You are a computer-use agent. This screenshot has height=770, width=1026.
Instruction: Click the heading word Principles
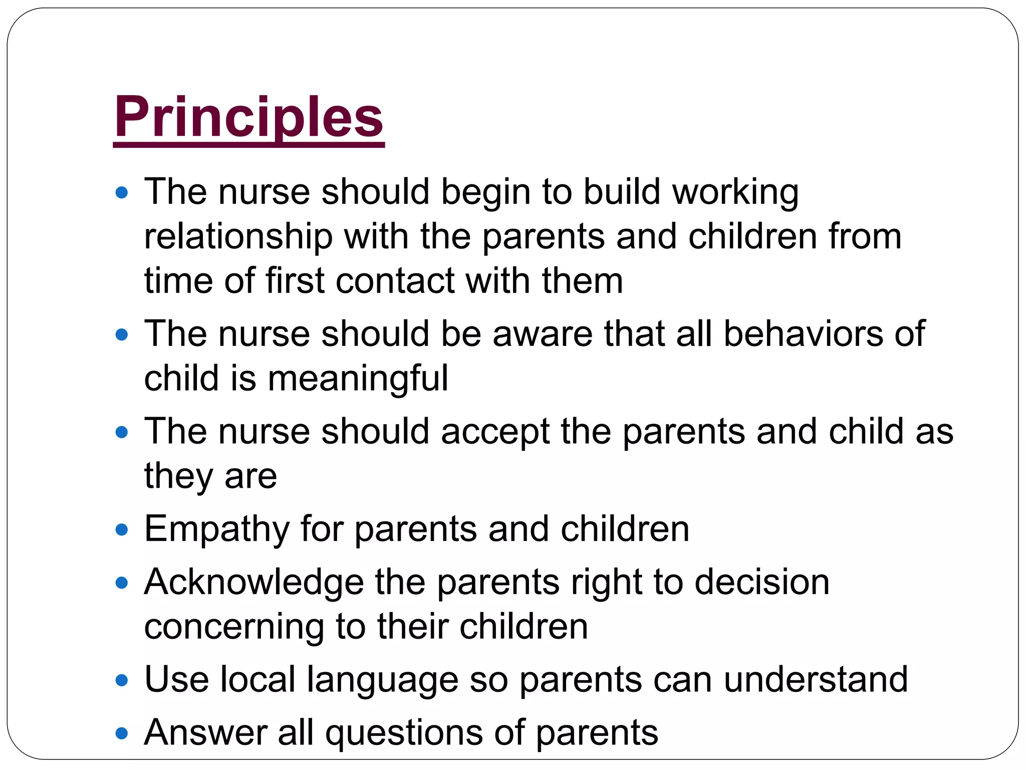[248, 118]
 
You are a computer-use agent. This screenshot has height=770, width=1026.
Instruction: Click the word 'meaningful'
[358, 378]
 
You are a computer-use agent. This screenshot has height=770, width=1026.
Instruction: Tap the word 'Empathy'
[217, 529]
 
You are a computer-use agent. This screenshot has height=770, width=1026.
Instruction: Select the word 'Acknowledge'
[254, 583]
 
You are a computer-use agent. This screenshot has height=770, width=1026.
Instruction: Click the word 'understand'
[816, 680]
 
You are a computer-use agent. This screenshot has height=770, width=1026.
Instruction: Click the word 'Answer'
[205, 733]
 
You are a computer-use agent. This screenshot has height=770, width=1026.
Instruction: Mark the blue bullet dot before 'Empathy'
[122, 530]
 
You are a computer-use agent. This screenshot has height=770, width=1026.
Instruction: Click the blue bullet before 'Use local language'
[122, 681]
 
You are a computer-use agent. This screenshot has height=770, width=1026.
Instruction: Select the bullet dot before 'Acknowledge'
[122, 583]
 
